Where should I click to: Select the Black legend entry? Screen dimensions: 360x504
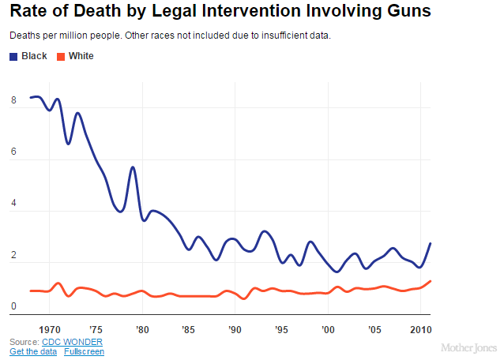tap(28, 56)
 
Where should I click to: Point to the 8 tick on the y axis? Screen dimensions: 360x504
tap(13, 101)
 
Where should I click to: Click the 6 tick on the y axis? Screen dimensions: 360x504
tap(13, 153)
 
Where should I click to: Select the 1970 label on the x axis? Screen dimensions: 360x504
tap(50, 328)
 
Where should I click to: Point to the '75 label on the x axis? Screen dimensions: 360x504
tap(96, 328)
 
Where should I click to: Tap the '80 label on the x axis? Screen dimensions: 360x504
tap(142, 328)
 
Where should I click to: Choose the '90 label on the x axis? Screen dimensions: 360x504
tap(235, 328)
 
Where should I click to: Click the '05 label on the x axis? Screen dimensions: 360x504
tap(374, 328)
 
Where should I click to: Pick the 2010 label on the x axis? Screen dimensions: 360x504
tap(419, 328)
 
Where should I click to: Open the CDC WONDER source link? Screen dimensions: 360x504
tap(73, 341)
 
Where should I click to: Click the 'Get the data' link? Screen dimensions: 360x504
tap(32, 351)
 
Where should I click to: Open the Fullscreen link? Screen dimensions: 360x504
tap(84, 351)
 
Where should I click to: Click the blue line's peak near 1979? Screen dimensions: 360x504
tap(133, 167)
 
